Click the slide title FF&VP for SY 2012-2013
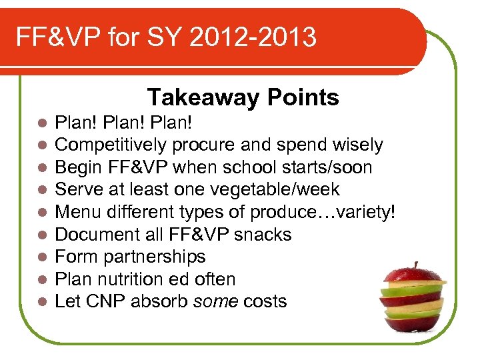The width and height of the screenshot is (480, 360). tap(166, 37)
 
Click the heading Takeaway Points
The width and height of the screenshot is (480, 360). tap(243, 98)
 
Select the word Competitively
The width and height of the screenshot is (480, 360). tap(111, 145)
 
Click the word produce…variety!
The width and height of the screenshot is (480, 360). tap(323, 212)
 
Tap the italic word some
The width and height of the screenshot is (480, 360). tap(215, 301)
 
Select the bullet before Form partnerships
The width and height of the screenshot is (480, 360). tap(42, 257)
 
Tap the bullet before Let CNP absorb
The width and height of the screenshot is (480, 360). tap(42, 302)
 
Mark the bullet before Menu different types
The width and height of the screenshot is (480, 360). tap(42, 213)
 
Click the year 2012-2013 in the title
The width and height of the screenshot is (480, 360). tap(253, 37)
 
